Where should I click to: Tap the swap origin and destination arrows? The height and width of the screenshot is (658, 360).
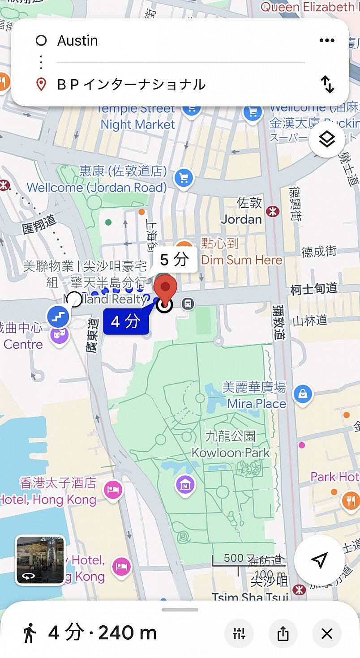coord(327,84)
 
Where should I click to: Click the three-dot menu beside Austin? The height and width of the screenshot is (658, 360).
coord(327,41)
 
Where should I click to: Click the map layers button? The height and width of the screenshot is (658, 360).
coord(327,140)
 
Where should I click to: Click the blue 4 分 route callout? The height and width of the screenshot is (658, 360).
coord(126,321)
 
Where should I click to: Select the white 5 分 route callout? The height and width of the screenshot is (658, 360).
coord(174,260)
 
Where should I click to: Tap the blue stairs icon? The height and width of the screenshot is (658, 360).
coord(58,317)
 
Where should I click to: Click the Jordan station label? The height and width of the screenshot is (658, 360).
coord(242,219)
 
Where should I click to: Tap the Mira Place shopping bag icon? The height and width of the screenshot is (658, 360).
coord(303,394)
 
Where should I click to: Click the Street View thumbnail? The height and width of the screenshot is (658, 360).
coord(40,560)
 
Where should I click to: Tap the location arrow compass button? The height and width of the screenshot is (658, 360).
coord(319,560)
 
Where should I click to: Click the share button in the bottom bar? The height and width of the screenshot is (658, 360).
coord(283,633)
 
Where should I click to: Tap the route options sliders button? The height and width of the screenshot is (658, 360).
coord(239,633)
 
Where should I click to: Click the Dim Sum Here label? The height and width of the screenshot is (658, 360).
coord(242,260)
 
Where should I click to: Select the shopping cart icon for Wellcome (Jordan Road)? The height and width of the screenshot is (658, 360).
coord(184,178)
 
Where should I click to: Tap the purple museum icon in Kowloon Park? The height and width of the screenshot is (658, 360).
coord(185,485)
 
